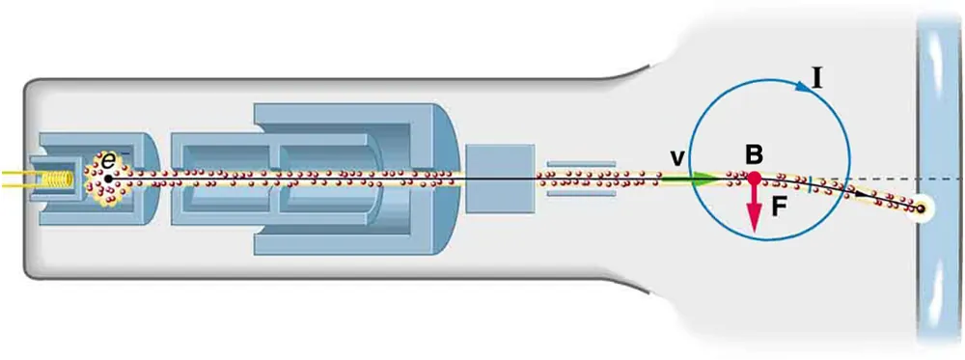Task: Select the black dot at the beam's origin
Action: pyautogui.click(x=109, y=179)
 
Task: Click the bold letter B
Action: pyautogui.click(x=755, y=154)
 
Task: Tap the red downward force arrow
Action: pyautogui.click(x=756, y=208)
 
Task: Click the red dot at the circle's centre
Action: pyautogui.click(x=756, y=179)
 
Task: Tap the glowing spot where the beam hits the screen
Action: pyautogui.click(x=924, y=208)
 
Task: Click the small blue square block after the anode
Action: pyautogui.click(x=499, y=179)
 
